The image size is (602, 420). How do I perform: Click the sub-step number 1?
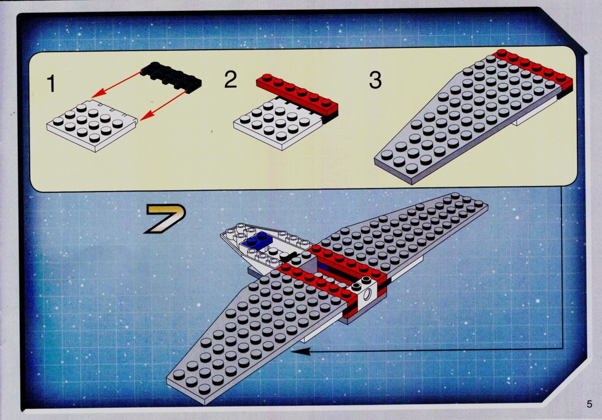51,84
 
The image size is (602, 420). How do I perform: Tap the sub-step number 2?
231,79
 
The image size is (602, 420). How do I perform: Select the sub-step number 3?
375,80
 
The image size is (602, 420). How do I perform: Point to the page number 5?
589,404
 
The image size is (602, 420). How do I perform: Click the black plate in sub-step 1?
171,77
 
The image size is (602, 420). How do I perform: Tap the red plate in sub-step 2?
297,94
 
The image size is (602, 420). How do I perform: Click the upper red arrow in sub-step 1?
117,85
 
